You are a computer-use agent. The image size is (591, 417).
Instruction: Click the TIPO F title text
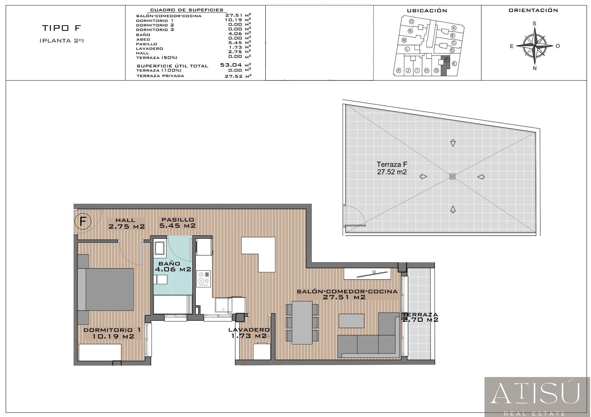pos(62,28)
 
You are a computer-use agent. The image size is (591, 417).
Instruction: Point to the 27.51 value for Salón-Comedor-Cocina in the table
pos(234,15)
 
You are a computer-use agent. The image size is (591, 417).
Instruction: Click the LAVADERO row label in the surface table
pos(150,49)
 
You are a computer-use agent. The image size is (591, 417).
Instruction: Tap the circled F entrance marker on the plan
pos(83,221)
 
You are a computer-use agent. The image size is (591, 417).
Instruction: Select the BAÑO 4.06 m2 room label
pos(173,266)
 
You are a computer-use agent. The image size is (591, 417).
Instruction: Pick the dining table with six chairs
pos(302,322)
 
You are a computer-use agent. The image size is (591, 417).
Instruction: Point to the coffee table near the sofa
pos(351,321)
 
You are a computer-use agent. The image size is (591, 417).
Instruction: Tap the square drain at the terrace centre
pos(452,176)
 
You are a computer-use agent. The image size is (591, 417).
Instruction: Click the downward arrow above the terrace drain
pos(453,143)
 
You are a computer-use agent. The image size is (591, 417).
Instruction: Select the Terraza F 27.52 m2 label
pos(392,168)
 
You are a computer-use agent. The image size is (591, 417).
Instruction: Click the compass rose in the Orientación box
pos(535,46)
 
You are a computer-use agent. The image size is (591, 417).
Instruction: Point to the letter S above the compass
pos(534,24)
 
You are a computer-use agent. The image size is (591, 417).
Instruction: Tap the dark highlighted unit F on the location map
pos(445,66)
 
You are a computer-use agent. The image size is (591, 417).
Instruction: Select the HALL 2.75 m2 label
pos(127,223)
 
